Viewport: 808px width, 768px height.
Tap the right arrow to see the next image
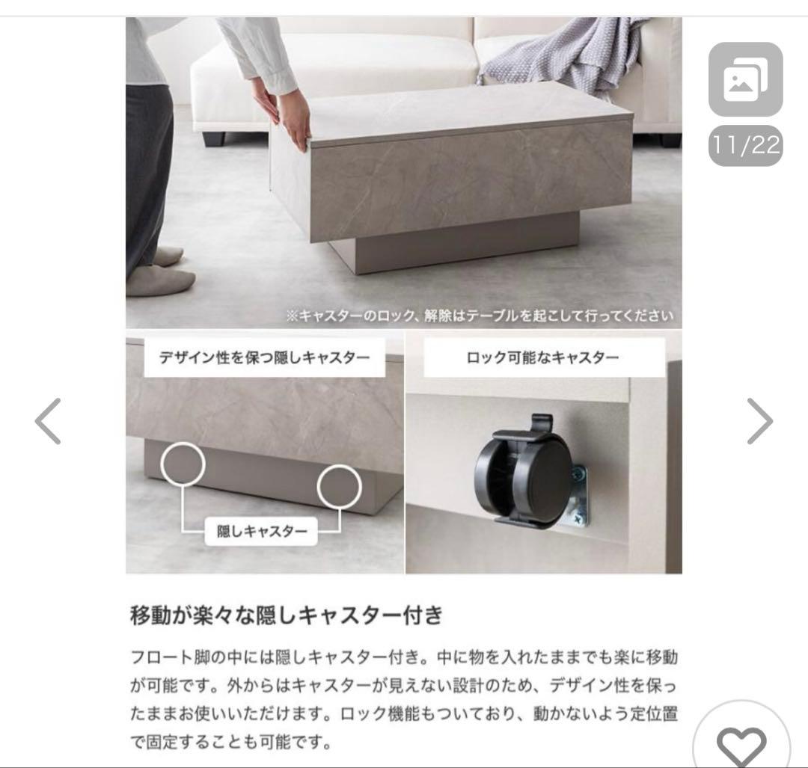(759, 421)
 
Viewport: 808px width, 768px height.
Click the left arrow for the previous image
(48, 421)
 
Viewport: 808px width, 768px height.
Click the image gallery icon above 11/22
(745, 79)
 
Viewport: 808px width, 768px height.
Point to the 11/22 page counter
(745, 145)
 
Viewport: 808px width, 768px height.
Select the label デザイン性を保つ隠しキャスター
(265, 357)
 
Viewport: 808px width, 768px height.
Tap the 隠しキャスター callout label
(262, 532)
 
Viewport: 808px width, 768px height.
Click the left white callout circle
(182, 464)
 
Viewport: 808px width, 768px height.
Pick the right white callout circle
(344, 486)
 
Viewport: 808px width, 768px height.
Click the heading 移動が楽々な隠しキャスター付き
(287, 615)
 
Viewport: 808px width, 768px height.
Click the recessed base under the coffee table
(456, 243)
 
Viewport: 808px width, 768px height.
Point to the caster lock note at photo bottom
(480, 315)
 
